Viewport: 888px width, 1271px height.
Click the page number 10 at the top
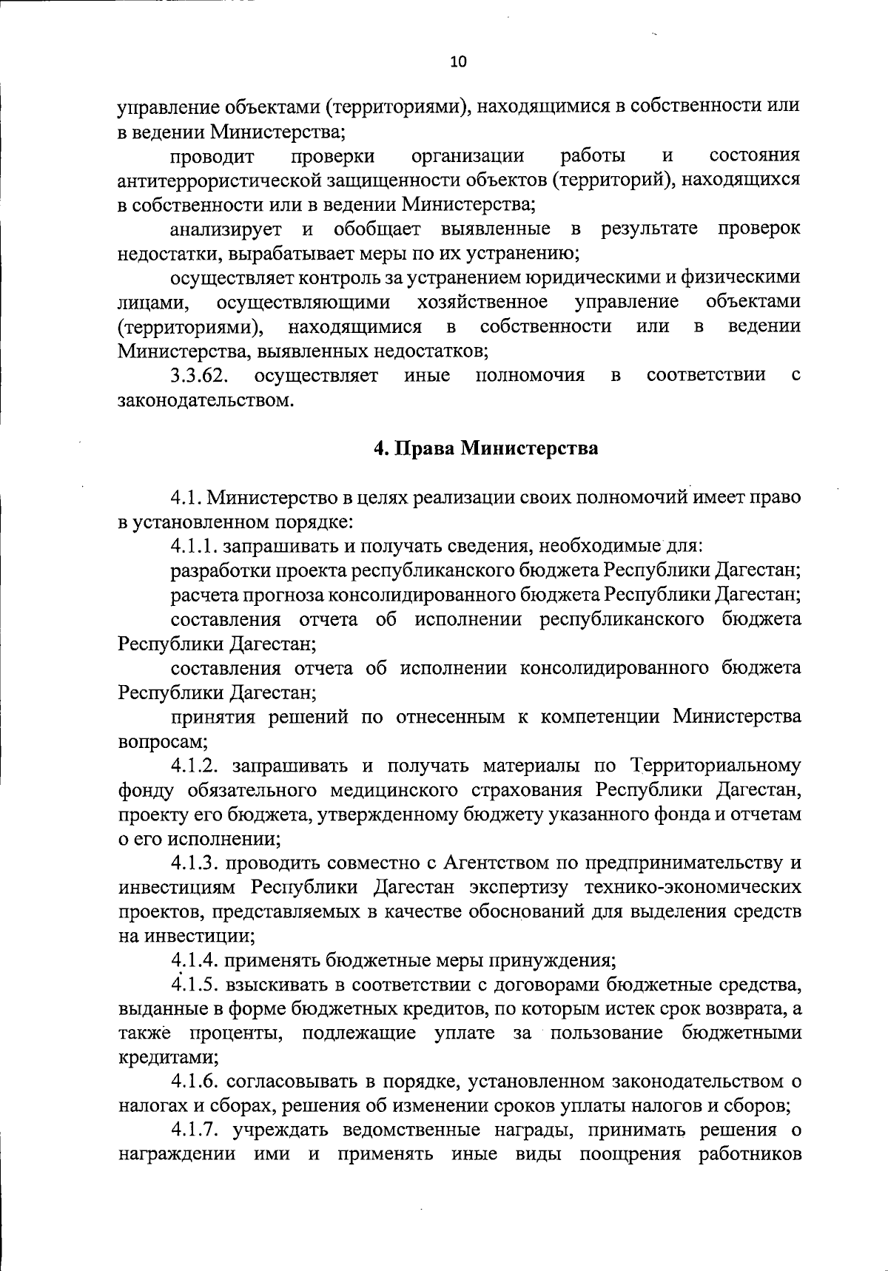point(458,62)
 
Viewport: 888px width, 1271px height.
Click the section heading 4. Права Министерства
point(485,448)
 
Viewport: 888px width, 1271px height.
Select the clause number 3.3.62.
point(198,376)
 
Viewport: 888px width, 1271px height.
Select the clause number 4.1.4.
point(195,961)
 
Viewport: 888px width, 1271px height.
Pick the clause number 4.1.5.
point(195,985)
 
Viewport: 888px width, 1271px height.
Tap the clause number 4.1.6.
point(195,1082)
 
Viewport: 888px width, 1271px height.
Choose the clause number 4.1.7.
point(195,1131)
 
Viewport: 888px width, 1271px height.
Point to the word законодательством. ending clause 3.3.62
point(212,401)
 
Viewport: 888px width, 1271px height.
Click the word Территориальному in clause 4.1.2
point(715,766)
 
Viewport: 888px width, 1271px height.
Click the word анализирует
point(229,229)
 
